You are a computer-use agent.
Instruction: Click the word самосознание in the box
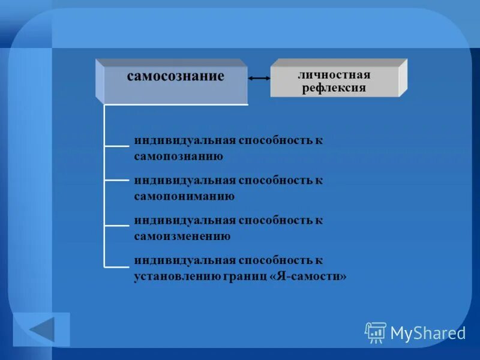(175, 76)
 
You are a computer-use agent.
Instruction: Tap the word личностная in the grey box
(334, 75)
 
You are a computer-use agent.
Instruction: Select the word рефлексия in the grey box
(334, 88)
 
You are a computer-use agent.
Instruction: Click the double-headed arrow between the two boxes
(259, 78)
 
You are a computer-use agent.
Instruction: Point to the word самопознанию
(179, 157)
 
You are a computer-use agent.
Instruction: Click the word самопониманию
(184, 196)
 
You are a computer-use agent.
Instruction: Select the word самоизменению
(182, 236)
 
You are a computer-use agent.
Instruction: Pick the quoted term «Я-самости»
(309, 277)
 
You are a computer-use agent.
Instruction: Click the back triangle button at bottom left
(42, 329)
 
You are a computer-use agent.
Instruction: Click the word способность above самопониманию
(273, 180)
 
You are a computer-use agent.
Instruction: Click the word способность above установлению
(273, 260)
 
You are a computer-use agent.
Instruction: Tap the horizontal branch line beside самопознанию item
(117, 145)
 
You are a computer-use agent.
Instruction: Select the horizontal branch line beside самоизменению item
(117, 226)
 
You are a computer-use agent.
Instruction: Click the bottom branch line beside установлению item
(117, 266)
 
